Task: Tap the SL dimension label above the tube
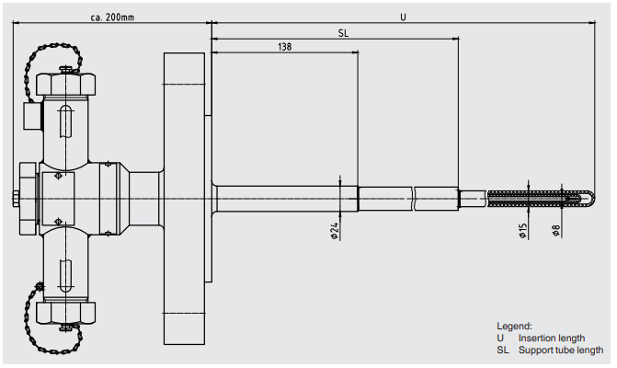(343, 32)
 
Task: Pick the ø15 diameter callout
(523, 231)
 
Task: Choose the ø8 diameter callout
(556, 231)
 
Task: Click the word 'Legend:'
(514, 327)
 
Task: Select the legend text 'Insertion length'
(551, 338)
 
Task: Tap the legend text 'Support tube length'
(560, 350)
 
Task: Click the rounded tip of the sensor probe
(589, 198)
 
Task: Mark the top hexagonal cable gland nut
(66, 85)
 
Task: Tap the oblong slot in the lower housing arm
(66, 275)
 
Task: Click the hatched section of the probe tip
(533, 198)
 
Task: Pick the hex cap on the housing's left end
(27, 198)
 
